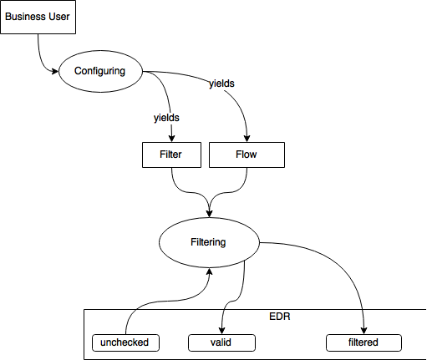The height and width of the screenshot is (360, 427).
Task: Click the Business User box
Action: click(38, 17)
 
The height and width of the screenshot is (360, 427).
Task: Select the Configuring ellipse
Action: click(100, 71)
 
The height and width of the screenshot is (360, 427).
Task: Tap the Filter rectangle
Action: click(171, 155)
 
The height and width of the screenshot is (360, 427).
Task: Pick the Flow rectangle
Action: click(247, 155)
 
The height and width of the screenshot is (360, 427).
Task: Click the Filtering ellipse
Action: click(209, 242)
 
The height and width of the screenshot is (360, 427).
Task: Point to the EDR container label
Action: click(280, 317)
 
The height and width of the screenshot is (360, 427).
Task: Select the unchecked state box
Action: click(125, 342)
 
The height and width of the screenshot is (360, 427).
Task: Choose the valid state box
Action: click(221, 342)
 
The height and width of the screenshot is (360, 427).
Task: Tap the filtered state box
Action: click(363, 342)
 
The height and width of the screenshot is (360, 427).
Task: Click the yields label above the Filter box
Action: click(166, 118)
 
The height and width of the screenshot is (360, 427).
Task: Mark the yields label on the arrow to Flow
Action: click(221, 84)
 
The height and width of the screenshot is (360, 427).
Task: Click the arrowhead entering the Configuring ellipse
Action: click(55, 71)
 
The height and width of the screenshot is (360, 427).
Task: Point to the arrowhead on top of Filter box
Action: click(171, 139)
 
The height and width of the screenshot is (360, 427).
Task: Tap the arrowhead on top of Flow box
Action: click(247, 139)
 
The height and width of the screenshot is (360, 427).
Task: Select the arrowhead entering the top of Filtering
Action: click(209, 214)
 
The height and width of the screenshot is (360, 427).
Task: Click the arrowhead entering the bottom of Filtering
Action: click(209, 271)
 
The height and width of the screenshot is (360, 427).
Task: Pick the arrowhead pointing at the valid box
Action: click(221, 331)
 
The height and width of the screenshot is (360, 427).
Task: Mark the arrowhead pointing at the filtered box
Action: click(363, 331)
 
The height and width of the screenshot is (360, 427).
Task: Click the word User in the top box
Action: click(59, 17)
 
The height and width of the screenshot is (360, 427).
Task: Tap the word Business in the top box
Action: click(26, 17)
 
